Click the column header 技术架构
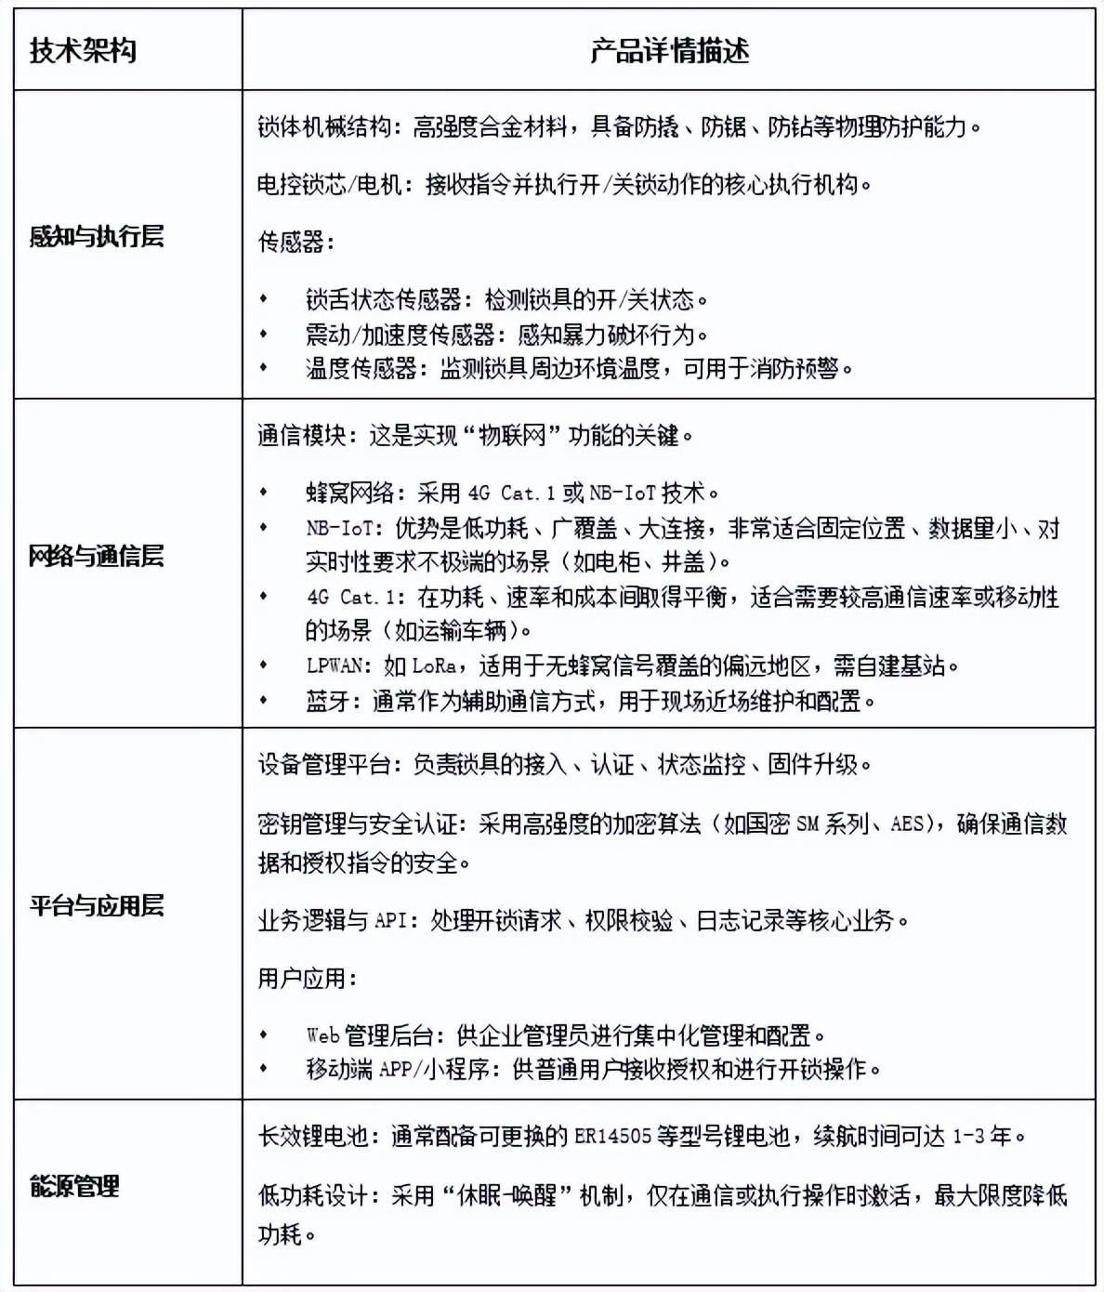coord(84,50)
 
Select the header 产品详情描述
coord(669,50)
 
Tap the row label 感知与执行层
coord(97,237)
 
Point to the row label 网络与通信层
coord(97,557)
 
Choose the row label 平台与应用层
coord(97,905)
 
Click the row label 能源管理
coord(75,1187)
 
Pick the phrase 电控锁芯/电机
coord(329,184)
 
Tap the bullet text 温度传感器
coord(361,368)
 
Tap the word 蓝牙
coord(327,701)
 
